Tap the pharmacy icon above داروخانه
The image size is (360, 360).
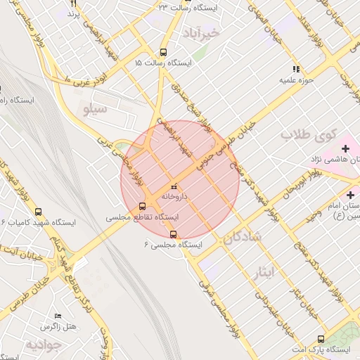[174, 187]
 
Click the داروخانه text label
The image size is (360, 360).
[174, 198]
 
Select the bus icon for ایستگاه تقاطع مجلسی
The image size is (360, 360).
[143, 207]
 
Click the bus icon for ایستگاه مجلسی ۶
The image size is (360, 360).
[174, 235]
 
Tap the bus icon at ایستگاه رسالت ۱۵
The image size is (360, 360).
[164, 52]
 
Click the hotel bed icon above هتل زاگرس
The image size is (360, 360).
[58, 316]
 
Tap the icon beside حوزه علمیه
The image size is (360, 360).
[296, 69]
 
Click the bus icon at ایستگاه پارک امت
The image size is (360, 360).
[321, 339]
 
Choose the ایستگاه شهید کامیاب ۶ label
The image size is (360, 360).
[42, 222]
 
